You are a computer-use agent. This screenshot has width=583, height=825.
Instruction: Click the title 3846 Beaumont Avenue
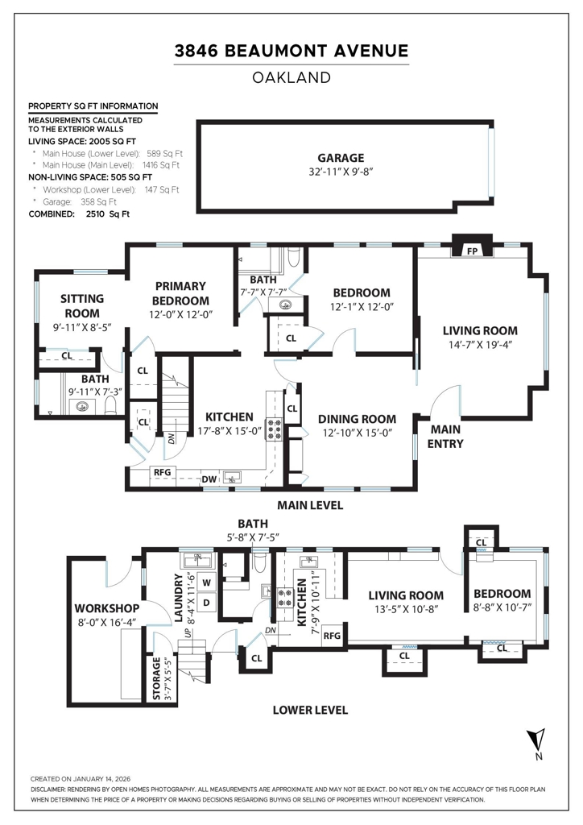(291, 52)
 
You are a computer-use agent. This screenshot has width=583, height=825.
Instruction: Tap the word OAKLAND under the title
(291, 78)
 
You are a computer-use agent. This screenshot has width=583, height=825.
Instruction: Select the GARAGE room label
(340, 158)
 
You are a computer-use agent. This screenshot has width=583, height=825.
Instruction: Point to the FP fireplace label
(473, 251)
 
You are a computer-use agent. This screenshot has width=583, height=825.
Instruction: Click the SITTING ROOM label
(82, 306)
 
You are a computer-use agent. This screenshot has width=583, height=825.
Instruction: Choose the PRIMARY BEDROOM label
(180, 293)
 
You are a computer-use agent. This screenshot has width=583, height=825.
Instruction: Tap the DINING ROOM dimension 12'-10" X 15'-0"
(356, 433)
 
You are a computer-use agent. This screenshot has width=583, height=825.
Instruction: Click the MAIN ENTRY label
(444, 437)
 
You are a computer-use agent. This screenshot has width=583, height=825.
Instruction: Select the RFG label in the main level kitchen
(162, 472)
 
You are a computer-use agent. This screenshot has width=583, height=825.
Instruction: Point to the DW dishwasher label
(209, 479)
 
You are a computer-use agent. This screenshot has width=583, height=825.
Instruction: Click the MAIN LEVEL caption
(310, 506)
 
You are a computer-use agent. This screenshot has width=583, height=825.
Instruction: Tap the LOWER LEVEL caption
(310, 710)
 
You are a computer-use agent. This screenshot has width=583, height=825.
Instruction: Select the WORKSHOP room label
(107, 607)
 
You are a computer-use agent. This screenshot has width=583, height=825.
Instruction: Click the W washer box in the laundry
(206, 582)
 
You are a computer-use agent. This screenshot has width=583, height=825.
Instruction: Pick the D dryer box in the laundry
(206, 602)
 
